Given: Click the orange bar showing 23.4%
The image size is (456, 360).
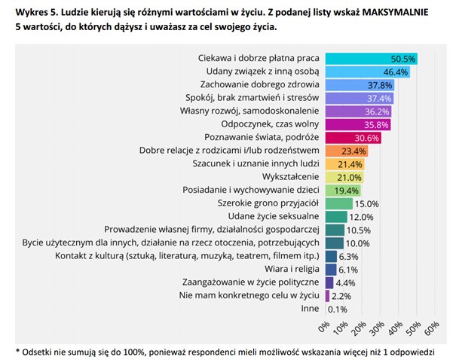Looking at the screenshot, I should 339,151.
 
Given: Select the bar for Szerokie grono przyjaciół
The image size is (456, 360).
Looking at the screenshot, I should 339,203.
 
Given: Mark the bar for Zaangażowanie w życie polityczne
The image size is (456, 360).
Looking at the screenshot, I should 329,282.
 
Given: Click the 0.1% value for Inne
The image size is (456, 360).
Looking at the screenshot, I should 338,309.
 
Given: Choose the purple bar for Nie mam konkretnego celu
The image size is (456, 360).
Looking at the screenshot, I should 327,296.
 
